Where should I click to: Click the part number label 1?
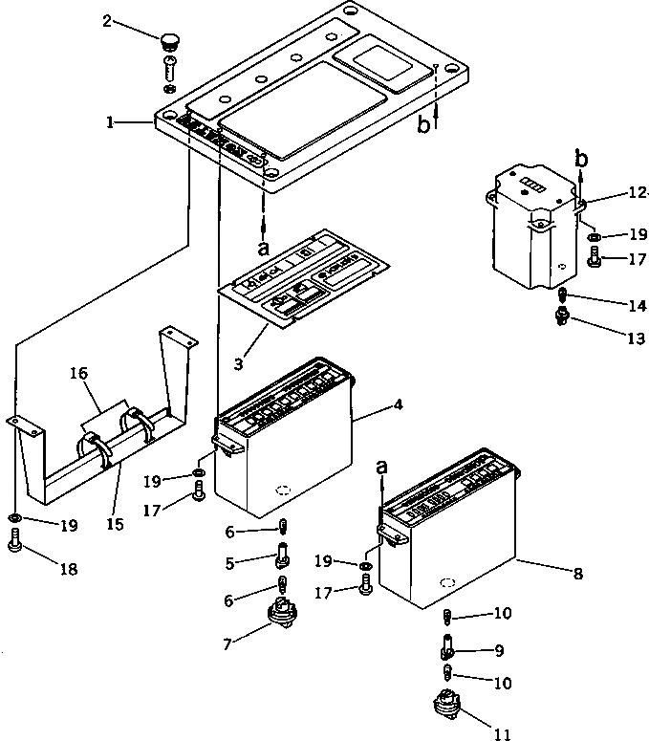(111, 122)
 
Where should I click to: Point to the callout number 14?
(638, 306)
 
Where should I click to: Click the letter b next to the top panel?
(423, 125)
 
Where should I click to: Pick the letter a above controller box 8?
(383, 467)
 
